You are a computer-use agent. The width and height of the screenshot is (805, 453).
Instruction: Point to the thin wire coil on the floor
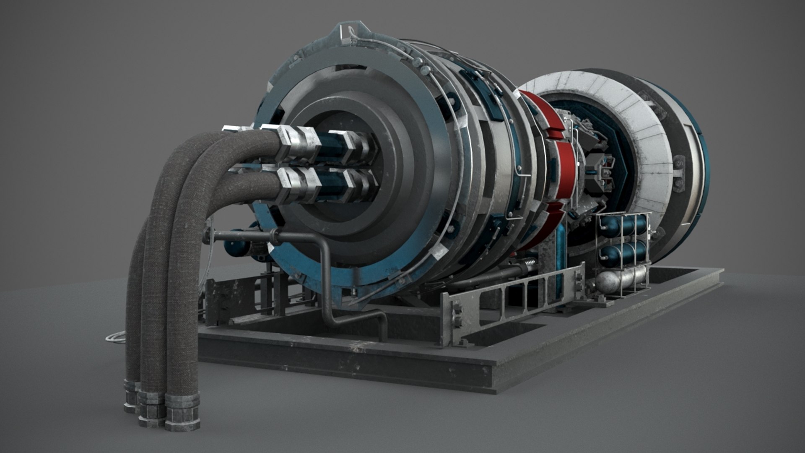[115, 336]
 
